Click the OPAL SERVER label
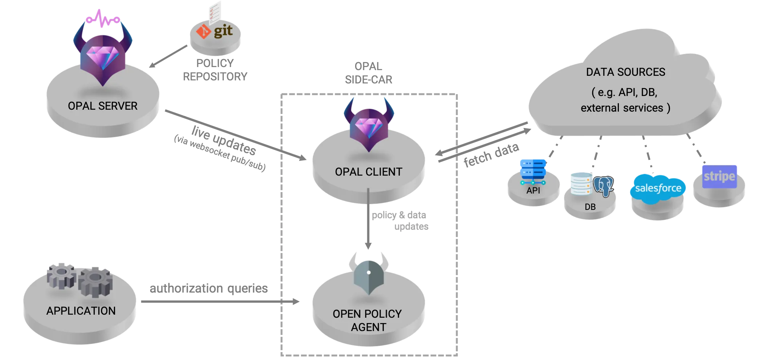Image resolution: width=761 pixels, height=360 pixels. coord(103,106)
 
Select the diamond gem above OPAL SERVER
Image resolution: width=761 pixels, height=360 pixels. coord(103,58)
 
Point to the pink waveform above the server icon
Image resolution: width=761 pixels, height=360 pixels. coord(103,19)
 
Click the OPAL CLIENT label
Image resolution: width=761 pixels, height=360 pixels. coord(368,172)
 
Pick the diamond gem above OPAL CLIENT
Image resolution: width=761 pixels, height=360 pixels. coord(368,127)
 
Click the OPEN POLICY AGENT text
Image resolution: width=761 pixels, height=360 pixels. coord(368,320)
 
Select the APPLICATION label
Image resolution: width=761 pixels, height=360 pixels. coord(81,311)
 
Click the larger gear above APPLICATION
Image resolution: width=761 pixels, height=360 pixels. coord(95,282)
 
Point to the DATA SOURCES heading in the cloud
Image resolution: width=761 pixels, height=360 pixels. coord(625,72)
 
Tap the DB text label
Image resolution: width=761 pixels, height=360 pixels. coord(590,207)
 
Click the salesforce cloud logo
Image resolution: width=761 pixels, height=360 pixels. coord(658,189)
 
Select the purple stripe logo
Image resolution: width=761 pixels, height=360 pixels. coord(719,176)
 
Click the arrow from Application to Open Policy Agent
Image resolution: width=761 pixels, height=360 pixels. coord(221,302)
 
